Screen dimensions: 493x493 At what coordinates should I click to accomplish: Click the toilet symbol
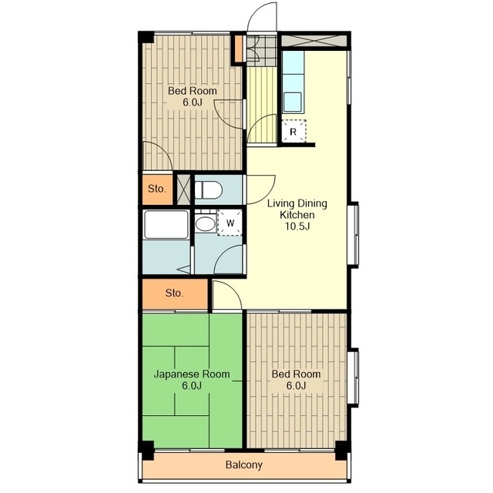tap(208, 189)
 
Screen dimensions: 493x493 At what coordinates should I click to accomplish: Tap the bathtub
tap(166, 225)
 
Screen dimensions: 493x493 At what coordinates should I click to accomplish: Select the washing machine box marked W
tap(230, 223)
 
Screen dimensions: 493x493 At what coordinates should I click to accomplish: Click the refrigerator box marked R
tap(293, 131)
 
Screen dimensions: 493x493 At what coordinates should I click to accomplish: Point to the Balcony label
tap(244, 464)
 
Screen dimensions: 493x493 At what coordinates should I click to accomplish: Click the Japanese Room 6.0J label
tap(192, 380)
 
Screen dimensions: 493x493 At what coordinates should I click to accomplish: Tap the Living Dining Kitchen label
tap(297, 209)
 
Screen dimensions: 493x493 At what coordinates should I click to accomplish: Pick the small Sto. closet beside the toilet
tap(157, 189)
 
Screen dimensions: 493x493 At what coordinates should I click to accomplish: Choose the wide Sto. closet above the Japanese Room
tap(175, 293)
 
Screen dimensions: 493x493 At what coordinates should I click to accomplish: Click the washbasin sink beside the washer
tap(206, 223)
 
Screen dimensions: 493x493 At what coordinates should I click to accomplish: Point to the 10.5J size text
tap(297, 226)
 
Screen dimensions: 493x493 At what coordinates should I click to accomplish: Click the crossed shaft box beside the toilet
tap(184, 189)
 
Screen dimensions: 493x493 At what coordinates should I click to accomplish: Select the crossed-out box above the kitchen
tap(314, 41)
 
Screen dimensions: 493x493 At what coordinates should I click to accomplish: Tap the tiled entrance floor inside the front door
tap(260, 50)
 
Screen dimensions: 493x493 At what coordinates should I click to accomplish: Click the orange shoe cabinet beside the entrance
tap(239, 49)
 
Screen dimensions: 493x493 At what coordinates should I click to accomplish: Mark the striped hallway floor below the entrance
tap(261, 105)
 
